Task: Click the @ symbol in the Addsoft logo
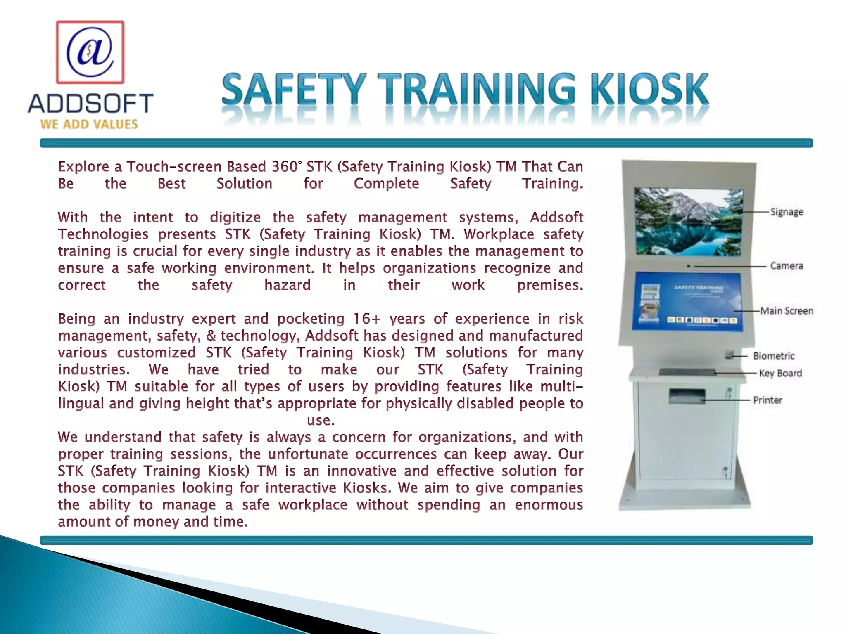pos(90,52)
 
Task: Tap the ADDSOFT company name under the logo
pos(90,103)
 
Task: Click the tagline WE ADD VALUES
pos(89,124)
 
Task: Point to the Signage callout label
pos(787,212)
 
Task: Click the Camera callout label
pos(787,266)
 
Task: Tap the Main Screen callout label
pos(787,311)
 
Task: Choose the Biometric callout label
pos(773,356)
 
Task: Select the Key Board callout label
pos(780,373)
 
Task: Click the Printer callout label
pos(768,400)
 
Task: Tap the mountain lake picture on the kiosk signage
pos(688,222)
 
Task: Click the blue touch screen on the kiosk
pos(688,301)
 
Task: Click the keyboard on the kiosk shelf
pos(687,372)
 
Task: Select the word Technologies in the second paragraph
pos(103,234)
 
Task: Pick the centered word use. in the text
pos(321,421)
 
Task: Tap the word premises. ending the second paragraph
pos(550,285)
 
